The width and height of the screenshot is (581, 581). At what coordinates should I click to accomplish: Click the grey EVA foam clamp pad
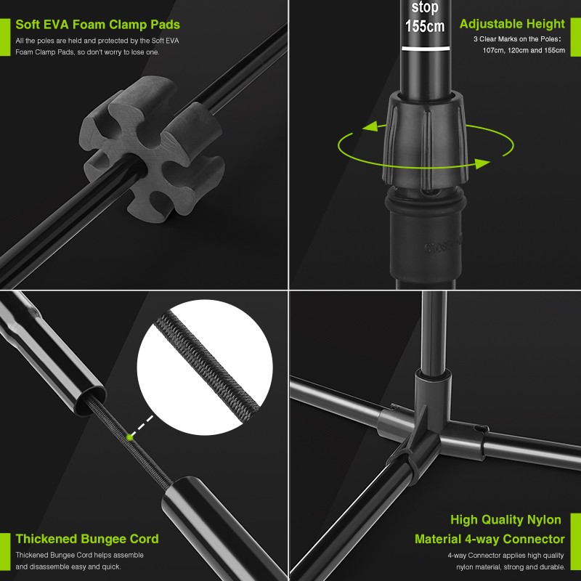point(152,148)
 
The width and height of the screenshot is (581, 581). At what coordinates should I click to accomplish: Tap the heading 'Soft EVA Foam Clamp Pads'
point(98,25)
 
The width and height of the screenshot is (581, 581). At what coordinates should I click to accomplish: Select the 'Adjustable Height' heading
point(512,24)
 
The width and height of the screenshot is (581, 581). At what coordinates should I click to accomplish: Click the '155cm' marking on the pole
point(425,26)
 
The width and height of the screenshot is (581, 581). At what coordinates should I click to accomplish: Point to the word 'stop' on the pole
point(425,7)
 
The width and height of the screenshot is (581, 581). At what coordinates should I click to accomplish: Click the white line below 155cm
point(426,49)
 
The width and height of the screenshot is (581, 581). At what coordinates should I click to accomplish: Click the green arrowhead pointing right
point(482,163)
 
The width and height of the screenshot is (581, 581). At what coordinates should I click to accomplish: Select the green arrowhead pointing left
point(370,126)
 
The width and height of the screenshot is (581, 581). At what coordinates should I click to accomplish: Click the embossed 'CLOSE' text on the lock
point(443,245)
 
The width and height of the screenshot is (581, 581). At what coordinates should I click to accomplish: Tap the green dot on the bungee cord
point(129,438)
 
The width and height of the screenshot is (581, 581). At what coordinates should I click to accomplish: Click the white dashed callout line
point(142,426)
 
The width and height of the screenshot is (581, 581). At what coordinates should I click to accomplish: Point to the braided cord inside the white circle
point(207,367)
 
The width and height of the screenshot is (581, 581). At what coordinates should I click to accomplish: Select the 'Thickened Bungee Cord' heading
point(87,538)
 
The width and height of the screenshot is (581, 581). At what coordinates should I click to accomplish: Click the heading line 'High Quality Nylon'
point(505,519)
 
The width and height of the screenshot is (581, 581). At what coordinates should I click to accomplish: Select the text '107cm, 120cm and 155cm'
point(524,50)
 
